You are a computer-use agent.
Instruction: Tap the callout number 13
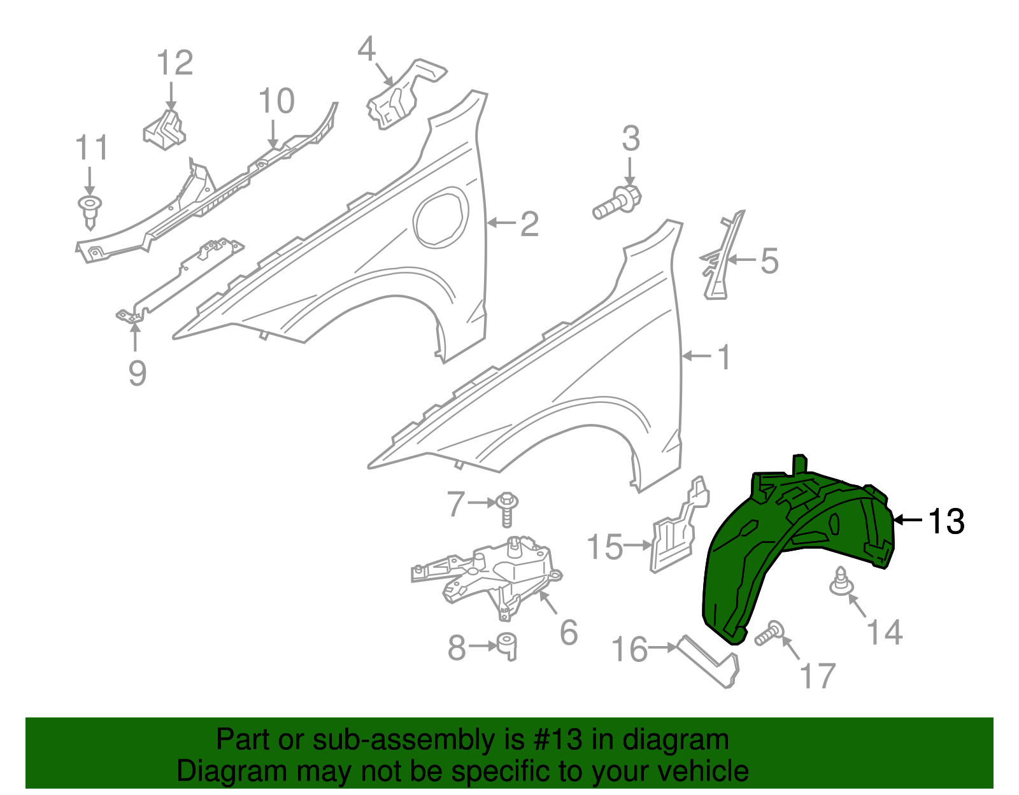[946, 521]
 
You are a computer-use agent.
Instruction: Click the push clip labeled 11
[90, 211]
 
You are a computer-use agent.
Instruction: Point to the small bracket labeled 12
[164, 130]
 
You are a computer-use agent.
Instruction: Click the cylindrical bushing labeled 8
[507, 645]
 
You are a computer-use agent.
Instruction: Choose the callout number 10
[276, 101]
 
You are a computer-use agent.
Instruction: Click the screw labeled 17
[769, 633]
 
